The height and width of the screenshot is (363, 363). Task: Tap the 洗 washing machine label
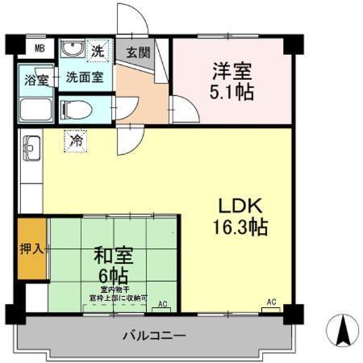coord(97,50)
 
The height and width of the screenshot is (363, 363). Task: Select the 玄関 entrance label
coord(138,54)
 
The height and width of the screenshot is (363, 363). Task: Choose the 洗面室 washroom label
coord(84,78)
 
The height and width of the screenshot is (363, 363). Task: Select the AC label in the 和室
coord(163,304)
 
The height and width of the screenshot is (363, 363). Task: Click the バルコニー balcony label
coord(155,335)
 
